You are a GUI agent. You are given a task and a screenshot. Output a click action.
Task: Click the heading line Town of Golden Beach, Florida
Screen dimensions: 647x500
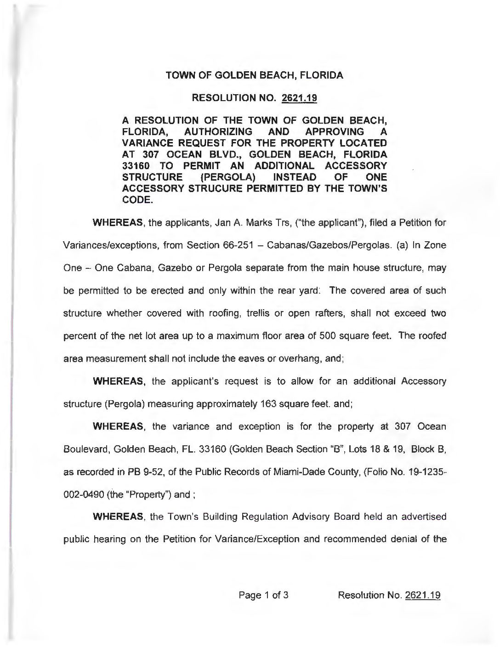click(254, 75)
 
